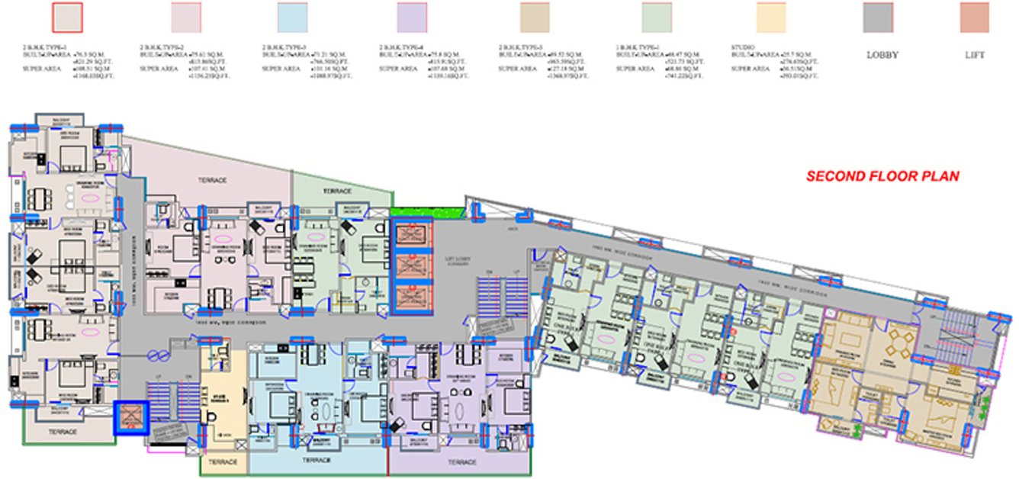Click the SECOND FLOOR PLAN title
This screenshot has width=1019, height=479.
(x=882, y=176)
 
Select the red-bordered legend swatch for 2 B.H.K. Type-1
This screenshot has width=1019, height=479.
(x=66, y=18)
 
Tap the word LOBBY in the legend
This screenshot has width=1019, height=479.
(x=882, y=56)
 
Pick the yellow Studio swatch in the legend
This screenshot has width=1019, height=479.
(x=770, y=18)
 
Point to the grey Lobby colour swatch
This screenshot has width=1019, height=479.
(x=878, y=18)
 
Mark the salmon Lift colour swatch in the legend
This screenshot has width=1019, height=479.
(x=975, y=18)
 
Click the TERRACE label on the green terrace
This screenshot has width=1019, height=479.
(x=336, y=190)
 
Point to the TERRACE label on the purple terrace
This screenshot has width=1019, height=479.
(x=461, y=462)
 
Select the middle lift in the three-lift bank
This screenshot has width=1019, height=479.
(x=412, y=264)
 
